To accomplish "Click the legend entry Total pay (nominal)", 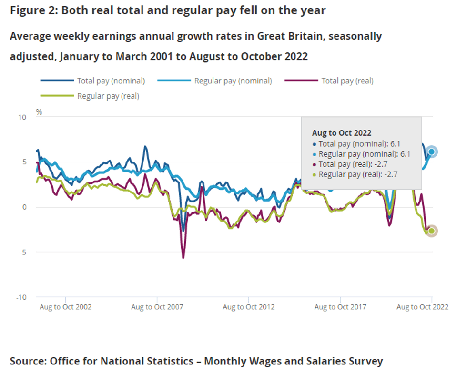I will (x=111, y=81).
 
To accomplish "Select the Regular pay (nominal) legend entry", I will (x=233, y=81).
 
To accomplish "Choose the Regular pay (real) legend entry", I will (x=108, y=96).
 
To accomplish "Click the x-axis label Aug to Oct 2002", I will (x=65, y=307).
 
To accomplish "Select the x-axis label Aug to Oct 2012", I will (x=249, y=307).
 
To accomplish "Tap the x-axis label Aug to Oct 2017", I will (x=340, y=307).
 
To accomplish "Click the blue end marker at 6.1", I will (x=431, y=152).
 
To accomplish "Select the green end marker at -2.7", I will (x=431, y=231).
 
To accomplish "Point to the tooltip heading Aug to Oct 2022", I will (x=342, y=133).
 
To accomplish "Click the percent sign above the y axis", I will (x=39, y=112).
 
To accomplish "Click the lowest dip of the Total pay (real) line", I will (x=183, y=258).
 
